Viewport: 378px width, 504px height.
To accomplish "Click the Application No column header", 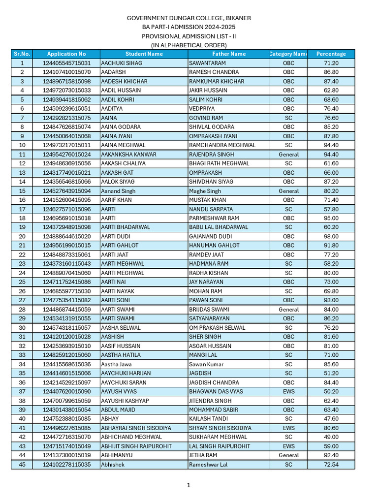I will (x=66, y=54).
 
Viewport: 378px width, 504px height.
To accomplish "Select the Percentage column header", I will (x=331, y=54).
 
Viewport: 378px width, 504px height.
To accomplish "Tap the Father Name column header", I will (x=229, y=54).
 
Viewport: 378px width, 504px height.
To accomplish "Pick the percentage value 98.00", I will (x=331, y=236).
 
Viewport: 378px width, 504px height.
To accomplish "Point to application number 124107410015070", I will (x=66, y=72).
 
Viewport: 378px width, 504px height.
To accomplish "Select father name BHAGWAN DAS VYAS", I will (x=216, y=391).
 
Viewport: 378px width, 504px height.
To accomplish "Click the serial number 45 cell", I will (x=22, y=464).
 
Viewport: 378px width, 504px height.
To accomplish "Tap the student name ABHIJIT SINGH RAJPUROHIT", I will (x=136, y=446).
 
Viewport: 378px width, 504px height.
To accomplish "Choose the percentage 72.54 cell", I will (x=331, y=464).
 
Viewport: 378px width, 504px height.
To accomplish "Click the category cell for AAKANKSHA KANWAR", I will (x=288, y=154).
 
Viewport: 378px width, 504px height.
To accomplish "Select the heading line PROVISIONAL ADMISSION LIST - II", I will (x=189, y=36).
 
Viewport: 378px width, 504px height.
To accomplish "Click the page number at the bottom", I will (x=189, y=485).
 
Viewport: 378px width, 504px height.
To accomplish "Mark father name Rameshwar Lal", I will (x=208, y=464).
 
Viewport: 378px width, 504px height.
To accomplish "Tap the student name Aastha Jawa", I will (x=117, y=364).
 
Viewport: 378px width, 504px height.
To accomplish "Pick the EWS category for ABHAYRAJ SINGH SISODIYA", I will (x=288, y=428).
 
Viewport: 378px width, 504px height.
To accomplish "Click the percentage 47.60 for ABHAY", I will (x=331, y=419).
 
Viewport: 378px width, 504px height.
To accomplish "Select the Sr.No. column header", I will (x=22, y=54).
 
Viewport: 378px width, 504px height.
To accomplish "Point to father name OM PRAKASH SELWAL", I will (x=217, y=327).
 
